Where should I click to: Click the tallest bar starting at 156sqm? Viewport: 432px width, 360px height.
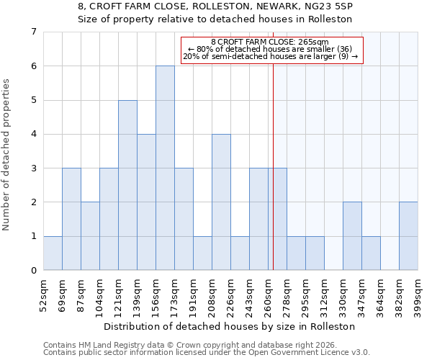click(x=165, y=168)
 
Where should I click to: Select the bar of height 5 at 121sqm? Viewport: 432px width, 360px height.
click(x=127, y=185)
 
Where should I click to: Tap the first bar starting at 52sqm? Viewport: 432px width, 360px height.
click(x=53, y=253)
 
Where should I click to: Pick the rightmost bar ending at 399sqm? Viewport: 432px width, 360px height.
click(x=408, y=236)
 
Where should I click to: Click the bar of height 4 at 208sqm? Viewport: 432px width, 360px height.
click(x=221, y=202)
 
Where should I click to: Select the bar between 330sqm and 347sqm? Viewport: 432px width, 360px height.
click(x=352, y=236)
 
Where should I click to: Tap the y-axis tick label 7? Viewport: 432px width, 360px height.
click(x=33, y=32)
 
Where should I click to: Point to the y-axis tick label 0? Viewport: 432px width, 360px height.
click(x=33, y=271)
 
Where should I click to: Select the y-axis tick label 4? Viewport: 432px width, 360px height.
click(x=33, y=134)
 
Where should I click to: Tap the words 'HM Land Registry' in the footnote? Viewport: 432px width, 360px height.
click(x=106, y=345)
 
